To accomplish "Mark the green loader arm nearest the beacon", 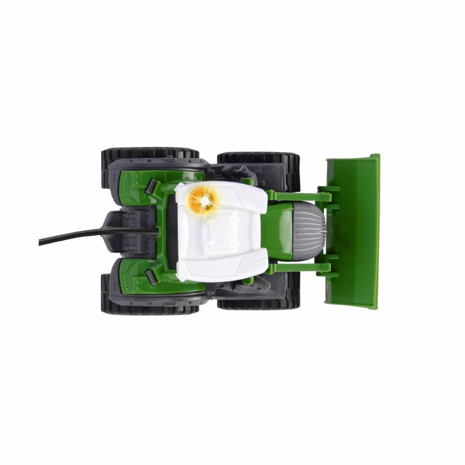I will coord(298,196).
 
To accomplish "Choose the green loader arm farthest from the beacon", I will coord(298,267).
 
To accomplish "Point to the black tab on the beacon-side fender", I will coord(151,186).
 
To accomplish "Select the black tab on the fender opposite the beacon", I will coord(151,277).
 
